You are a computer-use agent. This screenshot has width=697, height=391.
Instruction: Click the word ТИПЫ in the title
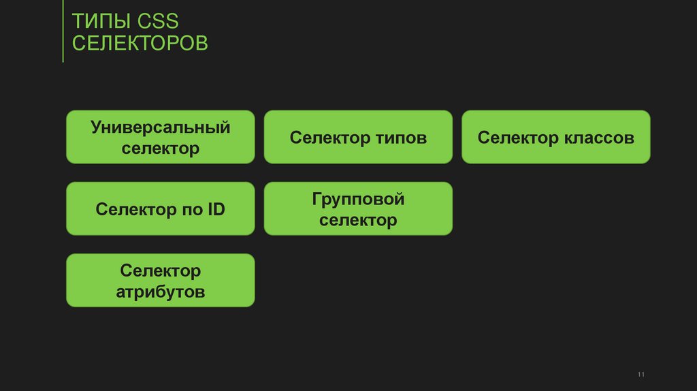[101, 21]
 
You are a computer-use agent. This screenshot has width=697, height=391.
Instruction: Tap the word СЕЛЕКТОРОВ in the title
[140, 44]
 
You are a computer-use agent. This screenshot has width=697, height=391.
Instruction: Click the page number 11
[641, 375]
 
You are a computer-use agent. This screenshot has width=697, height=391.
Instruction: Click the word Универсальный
[161, 127]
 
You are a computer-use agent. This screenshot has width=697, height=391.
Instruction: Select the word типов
[401, 138]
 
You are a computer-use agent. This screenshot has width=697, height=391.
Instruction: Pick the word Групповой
[358, 199]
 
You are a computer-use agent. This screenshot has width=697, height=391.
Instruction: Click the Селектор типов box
[358, 138]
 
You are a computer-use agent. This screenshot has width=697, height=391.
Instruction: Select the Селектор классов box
[555, 138]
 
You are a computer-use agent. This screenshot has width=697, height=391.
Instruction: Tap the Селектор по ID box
[161, 209]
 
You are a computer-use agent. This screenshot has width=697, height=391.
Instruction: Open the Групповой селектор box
[358, 209]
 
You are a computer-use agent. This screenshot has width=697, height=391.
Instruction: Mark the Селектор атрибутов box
[161, 281]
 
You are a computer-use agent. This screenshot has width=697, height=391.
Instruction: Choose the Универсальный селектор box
[161, 138]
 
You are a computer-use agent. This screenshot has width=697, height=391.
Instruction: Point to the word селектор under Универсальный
[161, 148]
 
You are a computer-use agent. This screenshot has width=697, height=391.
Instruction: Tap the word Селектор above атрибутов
[161, 271]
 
